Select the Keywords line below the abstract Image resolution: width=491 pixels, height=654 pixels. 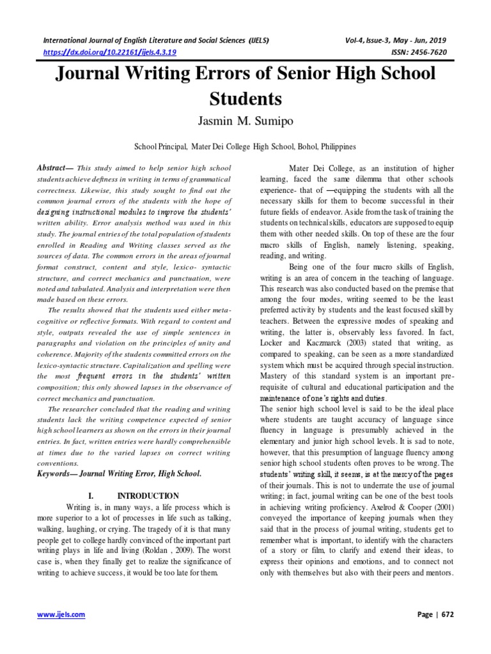coord(119,473)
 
